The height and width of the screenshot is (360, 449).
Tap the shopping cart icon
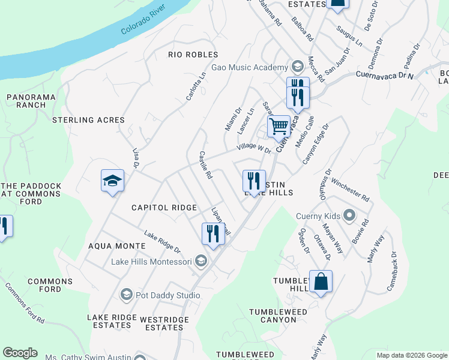coord(279,127)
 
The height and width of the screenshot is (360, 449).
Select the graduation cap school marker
coord(112,181)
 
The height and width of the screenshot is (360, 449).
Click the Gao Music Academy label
coord(250,67)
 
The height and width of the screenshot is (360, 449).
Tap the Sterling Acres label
coord(88,120)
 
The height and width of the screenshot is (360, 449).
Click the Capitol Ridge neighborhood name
coord(164,208)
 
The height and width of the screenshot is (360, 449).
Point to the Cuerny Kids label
coord(318,216)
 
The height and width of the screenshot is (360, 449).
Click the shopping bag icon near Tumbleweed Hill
coord(321,281)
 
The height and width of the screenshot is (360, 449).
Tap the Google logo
coord(20,353)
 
